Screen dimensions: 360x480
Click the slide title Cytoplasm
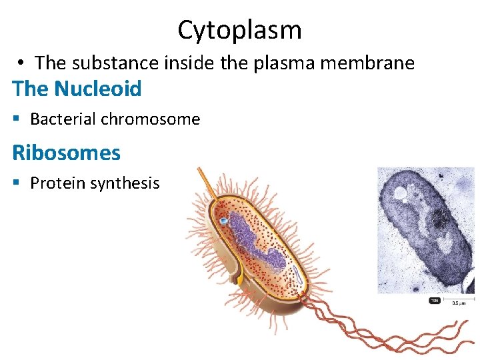[x=239, y=30]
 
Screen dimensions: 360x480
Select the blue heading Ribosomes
[x=66, y=153]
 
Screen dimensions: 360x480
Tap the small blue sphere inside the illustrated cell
[x=225, y=219]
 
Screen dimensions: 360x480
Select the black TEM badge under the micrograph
[x=434, y=301]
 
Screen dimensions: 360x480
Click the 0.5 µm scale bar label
[x=459, y=303]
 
